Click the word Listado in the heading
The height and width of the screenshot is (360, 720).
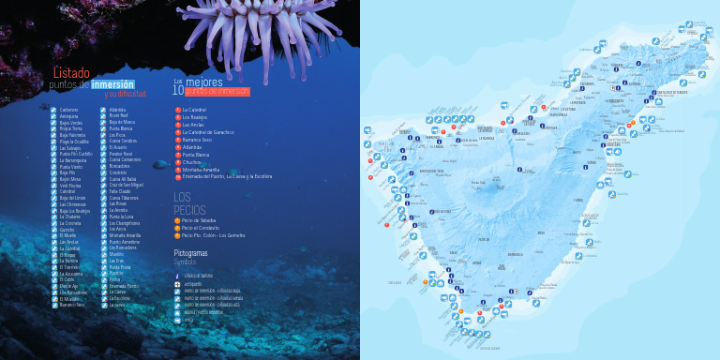[71, 73]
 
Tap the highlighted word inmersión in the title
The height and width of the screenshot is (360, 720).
[112, 84]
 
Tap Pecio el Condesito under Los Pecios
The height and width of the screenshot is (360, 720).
[201, 227]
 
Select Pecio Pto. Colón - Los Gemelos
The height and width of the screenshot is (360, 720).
[213, 234]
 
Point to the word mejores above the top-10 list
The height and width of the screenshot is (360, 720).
[204, 82]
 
